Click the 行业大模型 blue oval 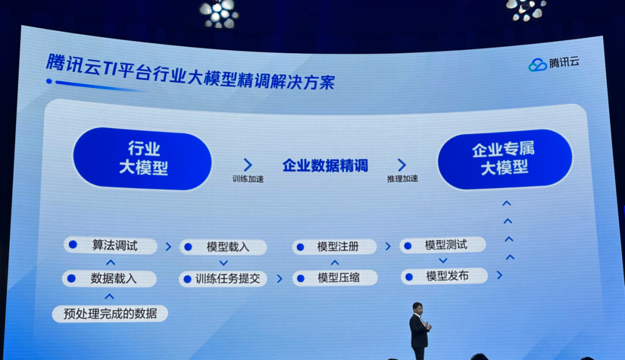(x=142, y=159)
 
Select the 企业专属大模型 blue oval (x=505, y=159)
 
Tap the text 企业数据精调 (x=325, y=166)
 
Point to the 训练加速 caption (x=248, y=179)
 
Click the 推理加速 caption (x=403, y=179)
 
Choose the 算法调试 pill (x=111, y=245)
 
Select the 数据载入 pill (x=109, y=278)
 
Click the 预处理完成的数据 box (x=110, y=314)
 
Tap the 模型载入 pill (x=223, y=247)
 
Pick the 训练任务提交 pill (x=223, y=278)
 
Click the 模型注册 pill (x=334, y=247)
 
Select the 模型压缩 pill (x=335, y=277)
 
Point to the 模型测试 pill (x=443, y=245)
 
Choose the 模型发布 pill (x=444, y=276)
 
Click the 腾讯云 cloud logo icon (x=537, y=65)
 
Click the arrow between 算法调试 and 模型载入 (x=168, y=247)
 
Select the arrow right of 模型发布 (x=499, y=275)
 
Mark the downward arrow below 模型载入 (x=223, y=263)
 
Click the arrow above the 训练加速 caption (x=248, y=164)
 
